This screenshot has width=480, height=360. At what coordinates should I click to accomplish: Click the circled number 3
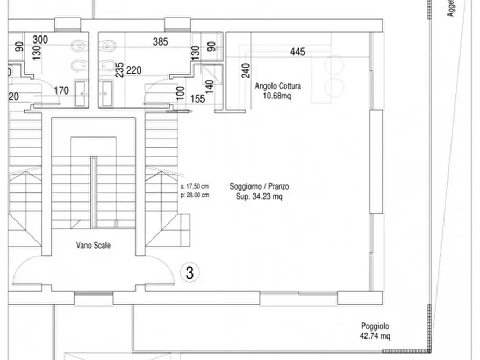tap(189, 272)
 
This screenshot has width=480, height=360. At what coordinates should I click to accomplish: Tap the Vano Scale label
tap(93, 245)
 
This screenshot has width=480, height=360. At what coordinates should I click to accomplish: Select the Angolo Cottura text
tap(278, 86)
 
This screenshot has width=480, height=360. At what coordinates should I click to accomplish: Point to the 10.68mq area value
tap(278, 96)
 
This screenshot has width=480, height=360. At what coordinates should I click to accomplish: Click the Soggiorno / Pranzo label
tap(259, 186)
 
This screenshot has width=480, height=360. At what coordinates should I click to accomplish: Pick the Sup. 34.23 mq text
tap(259, 197)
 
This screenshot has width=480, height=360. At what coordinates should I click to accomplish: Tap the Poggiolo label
tap(375, 326)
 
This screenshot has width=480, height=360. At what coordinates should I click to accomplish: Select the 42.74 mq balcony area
tap(375, 336)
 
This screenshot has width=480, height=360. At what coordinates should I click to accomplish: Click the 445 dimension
tap(297, 52)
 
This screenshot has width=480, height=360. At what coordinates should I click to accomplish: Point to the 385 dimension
tap(160, 41)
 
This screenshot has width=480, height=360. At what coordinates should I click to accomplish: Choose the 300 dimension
tap(40, 40)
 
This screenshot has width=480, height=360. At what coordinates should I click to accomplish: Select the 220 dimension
tap(134, 69)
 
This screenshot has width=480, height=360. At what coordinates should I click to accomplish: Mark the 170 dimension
tap(61, 90)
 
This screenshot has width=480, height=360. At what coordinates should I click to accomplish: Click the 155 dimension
tap(198, 98)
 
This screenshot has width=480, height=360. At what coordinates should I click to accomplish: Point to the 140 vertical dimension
tap(210, 87)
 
